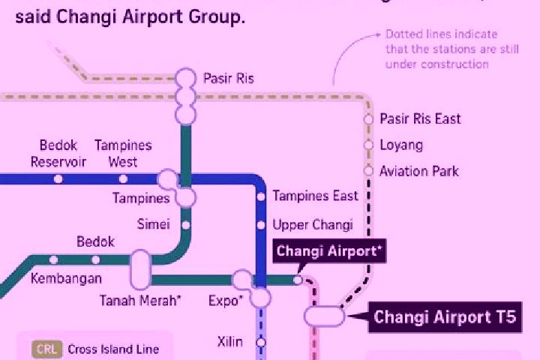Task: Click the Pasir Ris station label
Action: point(229,78)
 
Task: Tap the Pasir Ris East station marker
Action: point(368,119)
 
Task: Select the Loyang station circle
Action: point(368,145)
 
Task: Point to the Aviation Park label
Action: point(419,171)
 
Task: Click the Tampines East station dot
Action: point(261,196)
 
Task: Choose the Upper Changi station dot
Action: point(261,225)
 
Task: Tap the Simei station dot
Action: point(186,225)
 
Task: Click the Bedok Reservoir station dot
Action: point(58,179)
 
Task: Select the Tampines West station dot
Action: point(123,179)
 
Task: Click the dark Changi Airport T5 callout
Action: point(445,317)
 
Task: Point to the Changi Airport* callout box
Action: point(329,251)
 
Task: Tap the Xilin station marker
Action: point(261,343)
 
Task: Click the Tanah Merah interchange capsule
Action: point(140,270)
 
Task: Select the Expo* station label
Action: point(226,301)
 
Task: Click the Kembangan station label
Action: point(66,279)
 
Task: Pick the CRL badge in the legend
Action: point(47,349)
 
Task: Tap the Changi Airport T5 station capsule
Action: point(324,316)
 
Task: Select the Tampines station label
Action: point(141,198)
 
